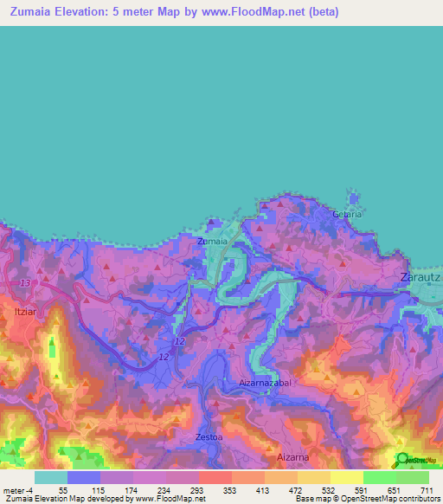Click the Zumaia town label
click(212, 242)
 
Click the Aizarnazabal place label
click(268, 382)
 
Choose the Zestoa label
click(210, 436)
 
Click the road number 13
click(25, 283)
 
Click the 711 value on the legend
click(427, 491)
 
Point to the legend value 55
click(63, 491)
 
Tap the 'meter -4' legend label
click(19, 491)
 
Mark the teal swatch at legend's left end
click(50, 477)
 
